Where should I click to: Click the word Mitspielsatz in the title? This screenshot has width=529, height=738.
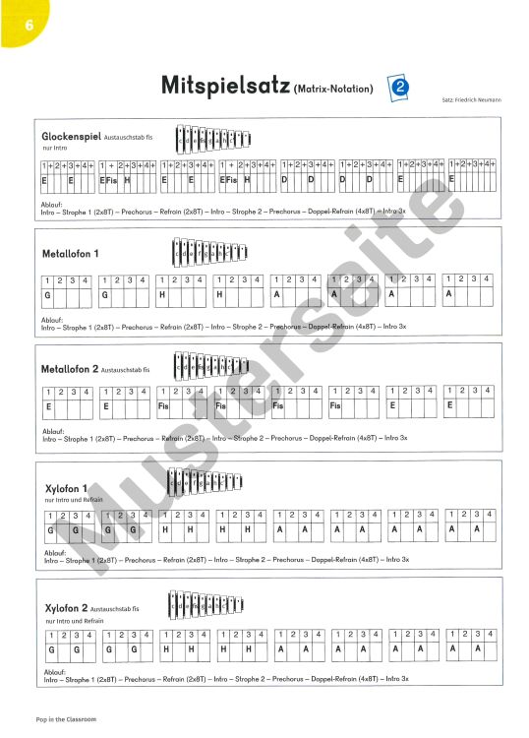click(225, 87)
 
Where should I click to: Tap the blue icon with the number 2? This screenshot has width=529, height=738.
click(399, 87)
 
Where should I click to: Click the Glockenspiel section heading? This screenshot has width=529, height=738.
click(73, 136)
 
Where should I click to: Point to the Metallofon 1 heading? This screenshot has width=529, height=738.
click(71, 254)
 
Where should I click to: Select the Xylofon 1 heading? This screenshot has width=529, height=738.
click(67, 488)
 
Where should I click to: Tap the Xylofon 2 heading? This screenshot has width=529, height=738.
click(67, 608)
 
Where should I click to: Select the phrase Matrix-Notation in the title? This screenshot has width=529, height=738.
click(334, 90)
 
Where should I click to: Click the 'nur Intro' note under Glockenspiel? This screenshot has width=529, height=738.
click(54, 148)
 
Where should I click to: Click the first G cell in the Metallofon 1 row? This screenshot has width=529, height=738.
click(46, 294)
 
